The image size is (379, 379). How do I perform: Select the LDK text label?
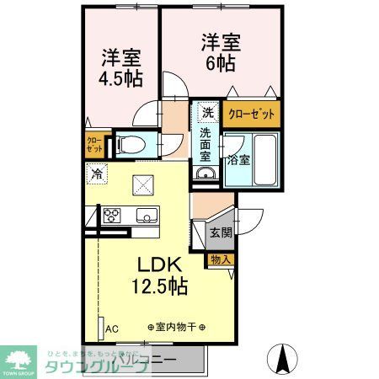(x=154, y=262)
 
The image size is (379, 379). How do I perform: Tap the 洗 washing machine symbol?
(x=207, y=113)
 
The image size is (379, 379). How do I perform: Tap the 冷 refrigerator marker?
(x=96, y=176)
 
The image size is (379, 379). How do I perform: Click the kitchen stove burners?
(x=112, y=215)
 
